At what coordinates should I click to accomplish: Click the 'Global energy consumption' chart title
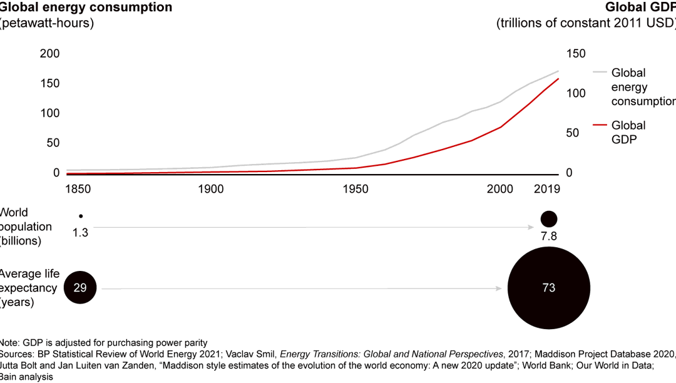point(86,8)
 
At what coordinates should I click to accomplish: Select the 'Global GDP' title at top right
point(640,8)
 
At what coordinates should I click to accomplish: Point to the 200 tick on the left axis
point(49,54)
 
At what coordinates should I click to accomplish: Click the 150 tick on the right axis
point(575,54)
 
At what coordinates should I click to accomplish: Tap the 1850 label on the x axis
point(79,189)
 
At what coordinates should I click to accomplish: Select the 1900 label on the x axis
point(211,189)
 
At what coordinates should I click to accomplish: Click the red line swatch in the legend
point(600,125)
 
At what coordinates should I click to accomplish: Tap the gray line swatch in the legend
point(600,73)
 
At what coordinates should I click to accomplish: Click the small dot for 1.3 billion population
point(80,216)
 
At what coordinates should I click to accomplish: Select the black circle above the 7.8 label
point(549,218)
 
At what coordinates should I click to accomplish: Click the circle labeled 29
point(80,288)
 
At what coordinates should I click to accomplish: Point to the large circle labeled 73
point(549,288)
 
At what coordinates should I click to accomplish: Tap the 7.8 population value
point(549,236)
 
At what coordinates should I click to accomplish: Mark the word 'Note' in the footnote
point(9,342)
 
